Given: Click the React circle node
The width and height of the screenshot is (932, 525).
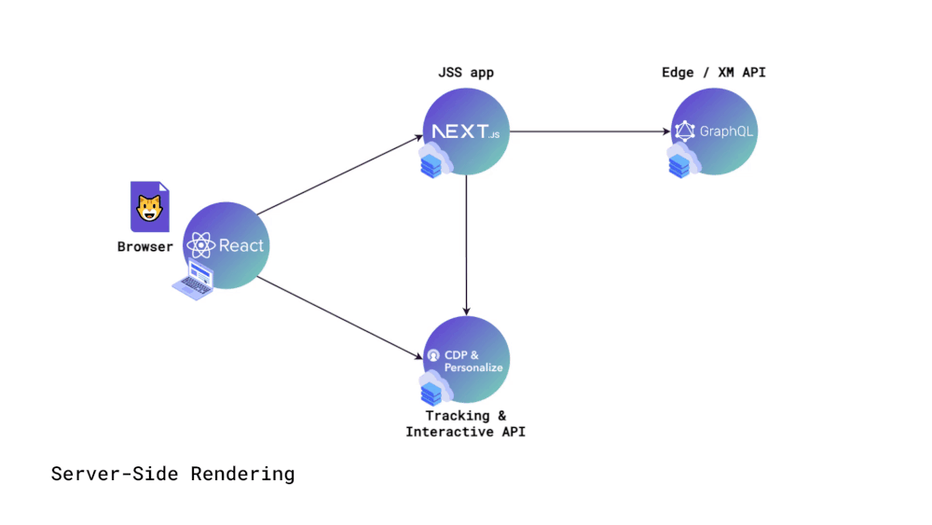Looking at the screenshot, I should [x=226, y=245].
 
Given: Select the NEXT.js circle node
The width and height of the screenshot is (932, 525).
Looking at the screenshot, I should [x=466, y=131].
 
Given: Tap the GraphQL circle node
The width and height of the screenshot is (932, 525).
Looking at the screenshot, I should [x=715, y=131].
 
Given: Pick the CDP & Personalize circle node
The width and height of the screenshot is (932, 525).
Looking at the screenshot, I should [x=466, y=360].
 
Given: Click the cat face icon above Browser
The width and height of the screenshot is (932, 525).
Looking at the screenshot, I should [x=149, y=208].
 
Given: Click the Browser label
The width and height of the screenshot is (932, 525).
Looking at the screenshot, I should [x=144, y=247].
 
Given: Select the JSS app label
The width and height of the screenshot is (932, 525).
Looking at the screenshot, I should [x=466, y=73].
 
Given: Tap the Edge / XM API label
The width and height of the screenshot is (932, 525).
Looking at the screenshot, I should [x=714, y=73].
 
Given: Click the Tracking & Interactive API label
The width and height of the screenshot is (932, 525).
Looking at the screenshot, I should [x=466, y=423].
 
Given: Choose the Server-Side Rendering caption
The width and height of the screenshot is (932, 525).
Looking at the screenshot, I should [x=172, y=474].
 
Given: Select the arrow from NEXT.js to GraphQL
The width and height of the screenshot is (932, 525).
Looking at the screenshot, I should [x=591, y=131].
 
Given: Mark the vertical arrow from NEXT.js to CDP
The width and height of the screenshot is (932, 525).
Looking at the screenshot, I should [x=466, y=244].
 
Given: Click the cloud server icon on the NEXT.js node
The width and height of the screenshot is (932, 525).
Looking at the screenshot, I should [x=433, y=162].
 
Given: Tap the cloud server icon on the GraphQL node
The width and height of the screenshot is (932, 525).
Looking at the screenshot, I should [x=682, y=162].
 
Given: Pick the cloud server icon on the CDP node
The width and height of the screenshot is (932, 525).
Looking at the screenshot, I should [x=433, y=390].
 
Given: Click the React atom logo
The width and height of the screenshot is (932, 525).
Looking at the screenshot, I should [x=201, y=246].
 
